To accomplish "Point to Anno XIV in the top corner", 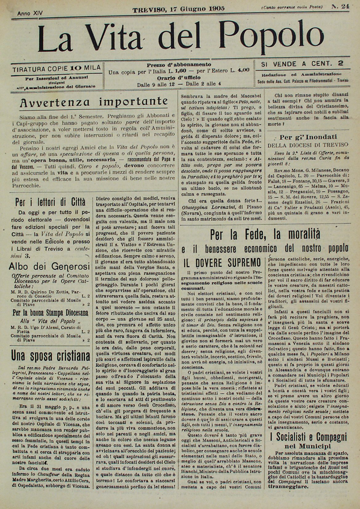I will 30,13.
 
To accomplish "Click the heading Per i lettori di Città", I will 51,202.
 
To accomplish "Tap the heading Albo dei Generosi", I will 50,266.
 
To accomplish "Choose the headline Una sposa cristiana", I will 51,356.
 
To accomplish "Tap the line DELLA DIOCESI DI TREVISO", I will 308,144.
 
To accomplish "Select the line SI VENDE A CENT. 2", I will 302,64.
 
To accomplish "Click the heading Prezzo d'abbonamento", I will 179,65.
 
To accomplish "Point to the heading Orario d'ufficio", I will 179,78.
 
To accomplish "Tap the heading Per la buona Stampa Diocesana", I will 50,313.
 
